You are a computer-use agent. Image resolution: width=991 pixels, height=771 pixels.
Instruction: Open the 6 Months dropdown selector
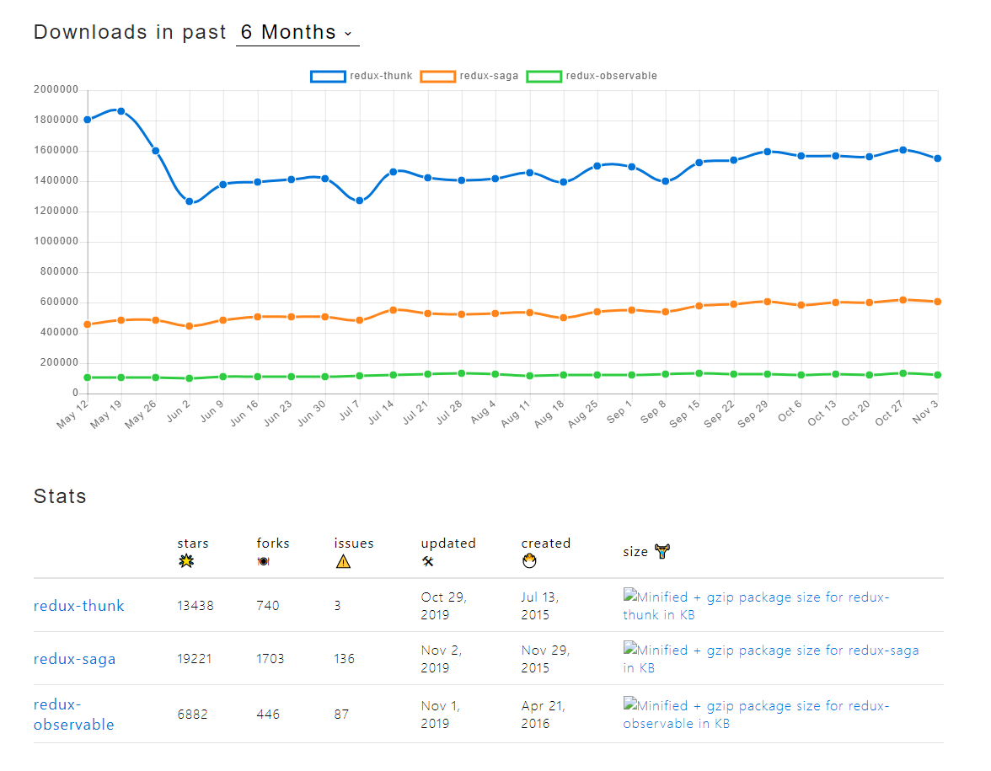297,33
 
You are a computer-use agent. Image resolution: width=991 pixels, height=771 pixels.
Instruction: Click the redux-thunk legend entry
362,76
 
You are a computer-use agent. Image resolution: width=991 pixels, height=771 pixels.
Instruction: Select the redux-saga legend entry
470,76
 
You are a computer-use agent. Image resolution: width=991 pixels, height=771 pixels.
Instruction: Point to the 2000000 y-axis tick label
56,89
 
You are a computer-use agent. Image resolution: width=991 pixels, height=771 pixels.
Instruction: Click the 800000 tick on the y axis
59,271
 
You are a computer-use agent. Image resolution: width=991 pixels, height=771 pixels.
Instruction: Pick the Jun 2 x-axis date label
178,412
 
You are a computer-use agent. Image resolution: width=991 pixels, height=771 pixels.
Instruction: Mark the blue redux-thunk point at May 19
121,111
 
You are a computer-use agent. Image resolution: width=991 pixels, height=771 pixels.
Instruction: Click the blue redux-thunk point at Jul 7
359,201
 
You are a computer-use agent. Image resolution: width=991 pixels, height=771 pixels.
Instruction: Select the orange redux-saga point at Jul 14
393,310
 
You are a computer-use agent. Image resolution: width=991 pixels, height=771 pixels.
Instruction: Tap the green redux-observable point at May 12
87,377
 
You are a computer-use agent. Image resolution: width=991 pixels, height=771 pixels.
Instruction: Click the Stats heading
60,496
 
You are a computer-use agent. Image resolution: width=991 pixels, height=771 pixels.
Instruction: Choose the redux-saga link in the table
74,659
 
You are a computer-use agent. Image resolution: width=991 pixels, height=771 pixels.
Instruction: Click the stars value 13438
195,606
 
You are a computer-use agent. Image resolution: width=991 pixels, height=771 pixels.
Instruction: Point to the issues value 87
341,715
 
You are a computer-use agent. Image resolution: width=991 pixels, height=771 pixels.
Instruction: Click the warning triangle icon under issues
343,562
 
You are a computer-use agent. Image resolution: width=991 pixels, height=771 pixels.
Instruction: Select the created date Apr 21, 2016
543,715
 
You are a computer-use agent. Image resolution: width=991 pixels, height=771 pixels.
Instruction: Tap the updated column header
448,543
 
